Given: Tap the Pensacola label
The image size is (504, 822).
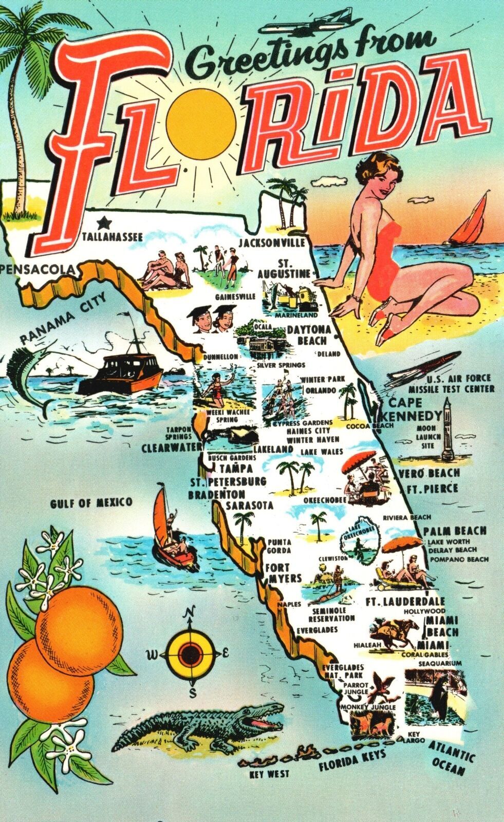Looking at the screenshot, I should click(38, 269).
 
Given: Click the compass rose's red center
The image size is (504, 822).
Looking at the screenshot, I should click(191, 653).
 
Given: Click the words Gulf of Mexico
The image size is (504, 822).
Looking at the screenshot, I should click(91, 502).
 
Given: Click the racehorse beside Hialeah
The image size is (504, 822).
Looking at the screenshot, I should click(396, 631).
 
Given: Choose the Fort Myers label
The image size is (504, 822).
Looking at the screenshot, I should click(283, 573).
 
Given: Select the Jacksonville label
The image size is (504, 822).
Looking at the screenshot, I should click(272, 242).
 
